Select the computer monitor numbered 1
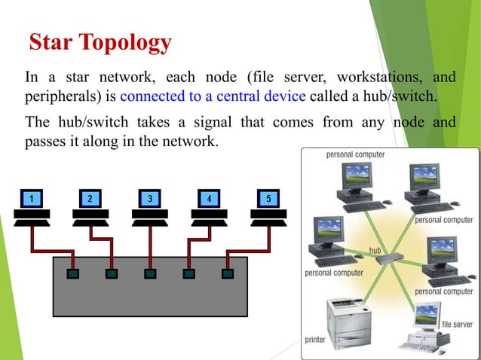31,198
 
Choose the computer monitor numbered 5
268,198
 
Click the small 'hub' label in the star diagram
375,249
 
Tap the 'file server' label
457,325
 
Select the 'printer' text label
315,340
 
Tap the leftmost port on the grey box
72,273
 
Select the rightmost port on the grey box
223,273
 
